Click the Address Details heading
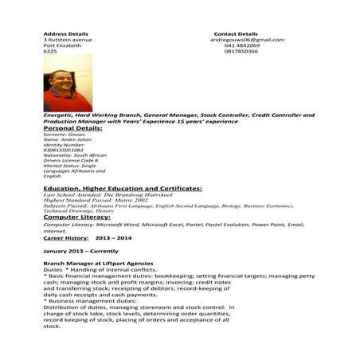[65, 34]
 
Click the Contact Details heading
[236, 34]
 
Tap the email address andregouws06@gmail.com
[248, 40]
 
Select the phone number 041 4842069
[242, 45]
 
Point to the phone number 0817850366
[241, 52]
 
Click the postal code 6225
[49, 52]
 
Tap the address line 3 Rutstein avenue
[68, 40]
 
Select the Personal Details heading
[72, 127]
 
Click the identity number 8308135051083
[63, 149]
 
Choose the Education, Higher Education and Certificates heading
[122, 188]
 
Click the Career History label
[65, 237]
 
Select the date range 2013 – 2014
[113, 237]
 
